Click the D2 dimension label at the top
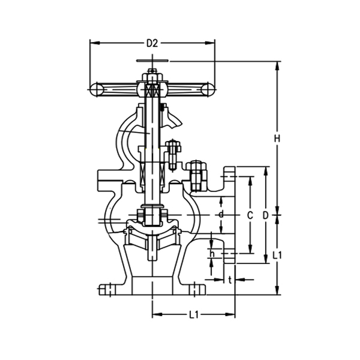click(x=152, y=43)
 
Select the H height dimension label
click(x=277, y=139)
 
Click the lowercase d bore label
click(x=221, y=214)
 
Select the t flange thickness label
click(x=230, y=280)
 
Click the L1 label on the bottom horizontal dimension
click(x=193, y=314)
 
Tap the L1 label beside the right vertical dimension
click(x=277, y=255)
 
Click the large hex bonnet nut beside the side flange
click(x=197, y=175)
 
